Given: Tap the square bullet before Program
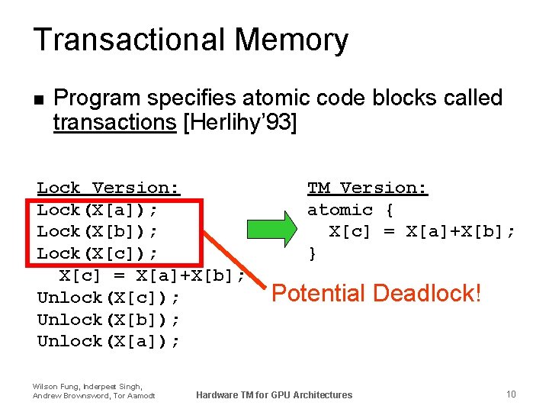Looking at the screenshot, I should (40, 99).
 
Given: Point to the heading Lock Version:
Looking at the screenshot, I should (108, 188).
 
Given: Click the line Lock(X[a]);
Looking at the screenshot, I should (108, 210).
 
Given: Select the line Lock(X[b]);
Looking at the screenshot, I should (108, 231).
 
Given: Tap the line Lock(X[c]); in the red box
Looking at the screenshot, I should (108, 253).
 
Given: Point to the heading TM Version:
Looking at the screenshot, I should (368, 188).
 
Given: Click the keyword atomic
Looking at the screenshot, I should (340, 210).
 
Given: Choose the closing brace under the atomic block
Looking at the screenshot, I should (312, 253).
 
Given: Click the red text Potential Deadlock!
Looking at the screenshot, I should (377, 293).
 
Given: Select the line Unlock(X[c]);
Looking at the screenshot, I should (108, 298).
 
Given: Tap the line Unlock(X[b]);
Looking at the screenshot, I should (108, 320).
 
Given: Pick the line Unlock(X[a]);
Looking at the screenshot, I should (108, 341).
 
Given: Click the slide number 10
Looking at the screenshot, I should (511, 394).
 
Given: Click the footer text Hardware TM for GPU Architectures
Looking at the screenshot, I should (274, 395).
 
